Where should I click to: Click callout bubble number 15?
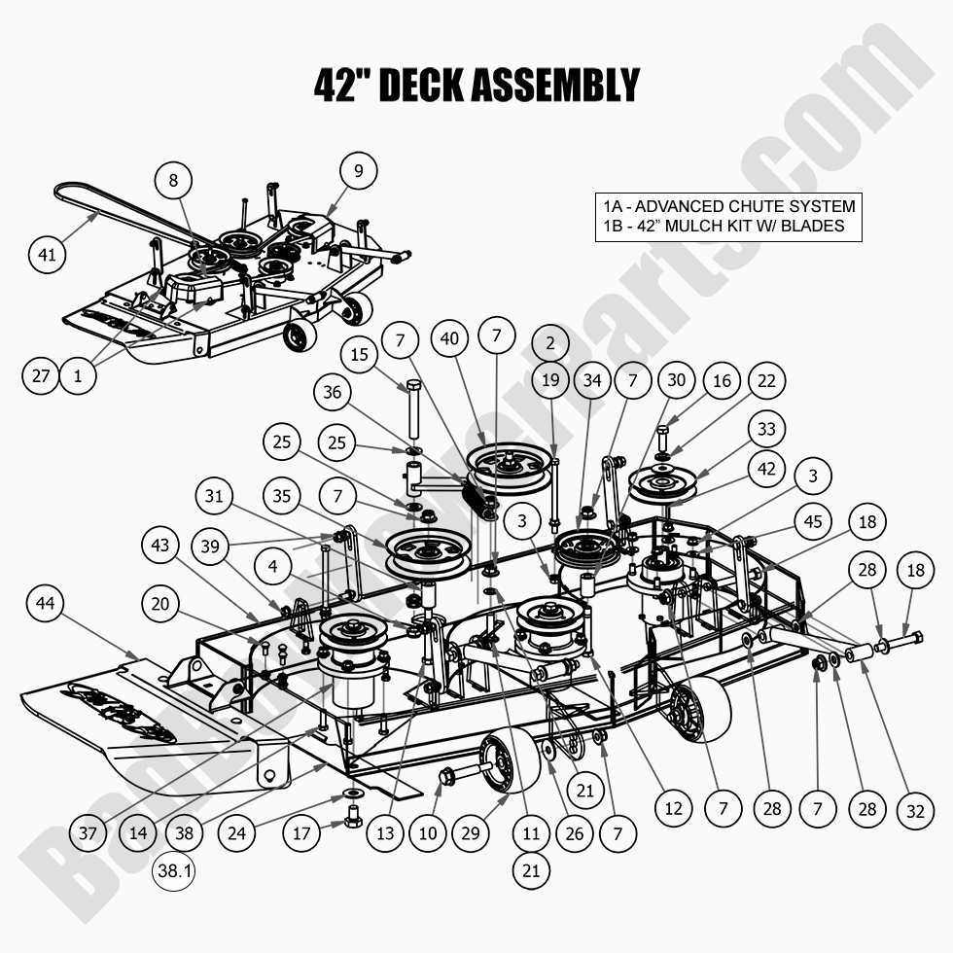coord(361,355)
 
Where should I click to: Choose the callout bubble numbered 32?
coord(915,809)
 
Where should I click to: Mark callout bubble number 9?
coord(358,172)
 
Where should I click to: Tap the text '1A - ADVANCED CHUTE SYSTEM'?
coord(728,206)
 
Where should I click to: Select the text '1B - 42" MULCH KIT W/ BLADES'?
coord(723,227)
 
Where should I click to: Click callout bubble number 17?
coord(302,832)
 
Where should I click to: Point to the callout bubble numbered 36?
coord(333,394)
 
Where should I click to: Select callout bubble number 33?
coord(767,428)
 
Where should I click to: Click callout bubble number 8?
coord(173,180)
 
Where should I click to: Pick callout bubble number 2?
coord(550,343)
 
